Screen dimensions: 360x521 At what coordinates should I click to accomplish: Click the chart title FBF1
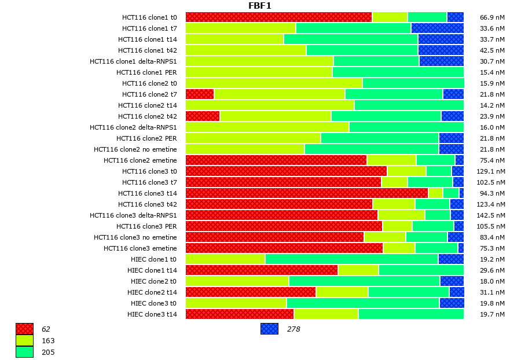(260, 6)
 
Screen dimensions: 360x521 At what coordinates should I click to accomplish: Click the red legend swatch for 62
(25, 329)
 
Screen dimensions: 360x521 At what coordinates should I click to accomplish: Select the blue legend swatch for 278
(269, 329)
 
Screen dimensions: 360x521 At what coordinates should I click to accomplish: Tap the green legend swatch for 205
(25, 351)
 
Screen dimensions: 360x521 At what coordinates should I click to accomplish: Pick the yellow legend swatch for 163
(25, 340)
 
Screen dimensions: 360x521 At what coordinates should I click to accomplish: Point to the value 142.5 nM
(493, 215)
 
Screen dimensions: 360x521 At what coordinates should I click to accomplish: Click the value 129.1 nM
(493, 171)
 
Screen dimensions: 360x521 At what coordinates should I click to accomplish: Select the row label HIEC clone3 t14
(152, 314)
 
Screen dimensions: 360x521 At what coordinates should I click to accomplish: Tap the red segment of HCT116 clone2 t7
(200, 94)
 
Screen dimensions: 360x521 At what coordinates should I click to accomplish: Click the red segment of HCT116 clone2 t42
(203, 116)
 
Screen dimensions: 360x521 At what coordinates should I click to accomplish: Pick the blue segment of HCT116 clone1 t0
(455, 17)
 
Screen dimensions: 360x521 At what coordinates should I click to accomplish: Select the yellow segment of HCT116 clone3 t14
(435, 193)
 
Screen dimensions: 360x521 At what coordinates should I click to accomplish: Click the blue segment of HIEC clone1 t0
(451, 259)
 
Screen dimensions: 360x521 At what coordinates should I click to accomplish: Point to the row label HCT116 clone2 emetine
(140, 160)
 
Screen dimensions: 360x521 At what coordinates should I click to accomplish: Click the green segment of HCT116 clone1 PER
(398, 72)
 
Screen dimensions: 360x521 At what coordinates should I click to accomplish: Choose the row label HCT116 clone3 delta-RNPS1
(133, 215)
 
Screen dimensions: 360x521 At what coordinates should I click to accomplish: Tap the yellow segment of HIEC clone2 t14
(342, 292)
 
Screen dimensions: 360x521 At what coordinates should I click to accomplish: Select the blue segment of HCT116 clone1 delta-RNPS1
(441, 61)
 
